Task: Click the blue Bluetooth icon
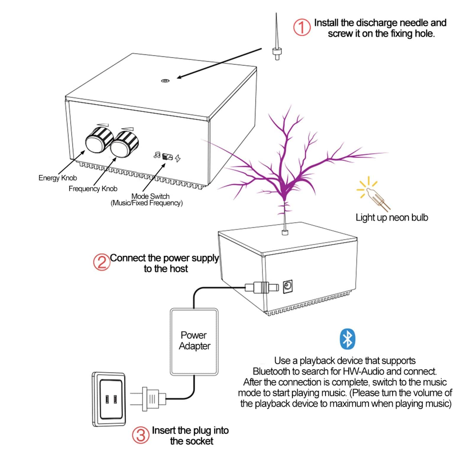(347, 339)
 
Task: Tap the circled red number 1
(302, 27)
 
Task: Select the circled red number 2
(101, 262)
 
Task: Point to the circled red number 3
(140, 435)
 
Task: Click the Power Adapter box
(194, 341)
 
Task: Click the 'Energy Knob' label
(58, 178)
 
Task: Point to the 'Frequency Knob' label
(93, 189)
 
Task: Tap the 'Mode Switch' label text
(150, 196)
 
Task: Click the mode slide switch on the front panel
(167, 157)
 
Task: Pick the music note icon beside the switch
(157, 155)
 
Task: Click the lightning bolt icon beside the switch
(178, 158)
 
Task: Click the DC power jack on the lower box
(288, 286)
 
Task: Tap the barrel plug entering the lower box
(262, 287)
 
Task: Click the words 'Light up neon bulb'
(392, 218)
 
